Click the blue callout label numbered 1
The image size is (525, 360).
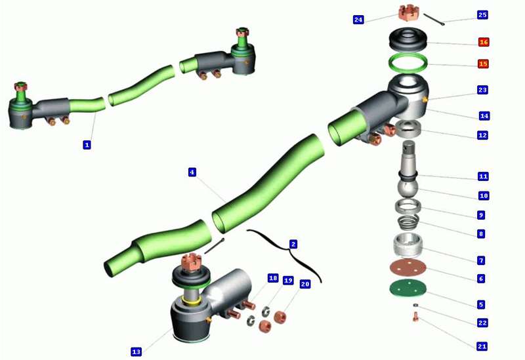[x=87, y=145]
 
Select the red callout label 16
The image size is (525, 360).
[x=484, y=42]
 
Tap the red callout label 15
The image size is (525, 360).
[x=483, y=64]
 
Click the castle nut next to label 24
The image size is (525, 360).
[x=409, y=12]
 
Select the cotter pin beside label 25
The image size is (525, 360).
[x=434, y=19]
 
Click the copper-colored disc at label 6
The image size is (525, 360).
[x=408, y=267]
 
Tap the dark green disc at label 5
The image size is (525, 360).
[x=408, y=288]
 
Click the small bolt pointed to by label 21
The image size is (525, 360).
[x=415, y=317]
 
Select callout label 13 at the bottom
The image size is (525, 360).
[x=136, y=351]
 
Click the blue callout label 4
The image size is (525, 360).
[x=192, y=172]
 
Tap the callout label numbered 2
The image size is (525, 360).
[x=293, y=244]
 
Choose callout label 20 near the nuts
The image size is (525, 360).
[x=304, y=285]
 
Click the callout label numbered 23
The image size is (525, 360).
[x=482, y=90]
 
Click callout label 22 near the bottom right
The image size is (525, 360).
[x=482, y=323]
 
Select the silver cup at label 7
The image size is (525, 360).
[x=408, y=245]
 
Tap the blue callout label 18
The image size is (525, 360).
[x=273, y=278]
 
